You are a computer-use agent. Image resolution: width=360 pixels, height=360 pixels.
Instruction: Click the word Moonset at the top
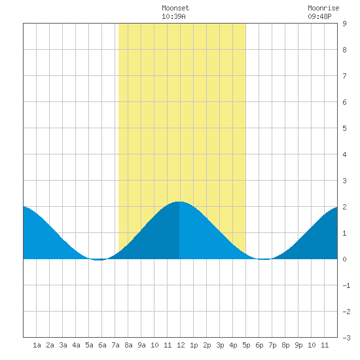(175, 8)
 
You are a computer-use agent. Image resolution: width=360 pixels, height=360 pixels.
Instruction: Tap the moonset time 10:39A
(173, 16)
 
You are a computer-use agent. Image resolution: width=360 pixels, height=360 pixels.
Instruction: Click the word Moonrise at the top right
(323, 8)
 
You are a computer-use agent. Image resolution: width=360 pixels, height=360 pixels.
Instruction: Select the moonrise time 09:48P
(319, 16)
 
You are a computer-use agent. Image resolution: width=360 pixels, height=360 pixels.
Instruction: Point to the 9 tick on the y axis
(344, 24)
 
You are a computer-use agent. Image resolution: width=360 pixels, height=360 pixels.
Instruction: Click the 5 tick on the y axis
(344, 128)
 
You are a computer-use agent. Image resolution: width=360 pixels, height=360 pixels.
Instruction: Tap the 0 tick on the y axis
(344, 259)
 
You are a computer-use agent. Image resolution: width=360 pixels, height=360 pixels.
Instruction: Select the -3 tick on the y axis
(346, 338)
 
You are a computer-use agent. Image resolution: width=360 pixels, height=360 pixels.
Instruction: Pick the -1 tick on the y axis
(346, 285)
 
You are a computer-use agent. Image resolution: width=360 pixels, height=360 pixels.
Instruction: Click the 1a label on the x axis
(37, 345)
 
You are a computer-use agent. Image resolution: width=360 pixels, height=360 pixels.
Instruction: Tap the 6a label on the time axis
(102, 345)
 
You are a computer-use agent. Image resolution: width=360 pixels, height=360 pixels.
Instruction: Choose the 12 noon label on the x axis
(181, 345)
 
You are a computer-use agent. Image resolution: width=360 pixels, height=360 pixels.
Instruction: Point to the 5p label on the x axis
(246, 345)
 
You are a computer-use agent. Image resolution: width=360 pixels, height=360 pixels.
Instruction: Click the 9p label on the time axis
(298, 345)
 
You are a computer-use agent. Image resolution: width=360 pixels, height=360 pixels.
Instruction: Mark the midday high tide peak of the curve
(179, 202)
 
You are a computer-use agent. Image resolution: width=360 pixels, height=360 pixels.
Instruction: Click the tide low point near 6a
(98, 260)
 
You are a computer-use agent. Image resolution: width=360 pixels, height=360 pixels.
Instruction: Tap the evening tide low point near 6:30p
(264, 259)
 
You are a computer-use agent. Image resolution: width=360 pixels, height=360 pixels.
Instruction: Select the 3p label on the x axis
(220, 345)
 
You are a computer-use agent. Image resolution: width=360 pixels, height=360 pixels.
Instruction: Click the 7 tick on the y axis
(344, 76)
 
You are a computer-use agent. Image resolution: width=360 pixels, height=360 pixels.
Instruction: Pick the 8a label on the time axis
(128, 345)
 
